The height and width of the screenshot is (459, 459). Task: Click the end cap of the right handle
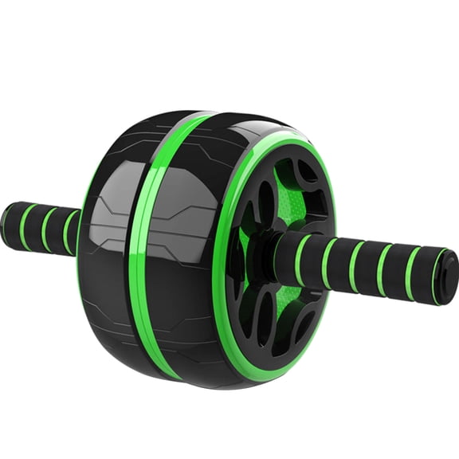[x=447, y=277]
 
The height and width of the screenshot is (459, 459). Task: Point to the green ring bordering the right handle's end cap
[x=436, y=276]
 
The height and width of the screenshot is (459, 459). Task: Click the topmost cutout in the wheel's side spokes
[x=307, y=169]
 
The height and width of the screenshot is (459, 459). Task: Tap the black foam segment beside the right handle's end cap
[x=422, y=273]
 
